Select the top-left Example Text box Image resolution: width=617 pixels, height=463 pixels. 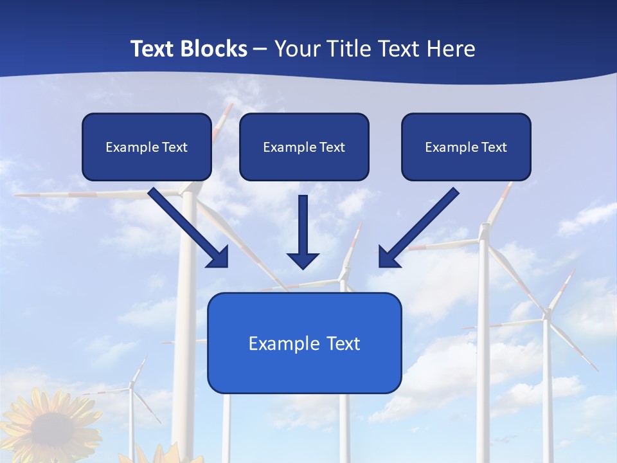tap(147, 147)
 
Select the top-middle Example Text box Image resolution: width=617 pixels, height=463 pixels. tap(304, 147)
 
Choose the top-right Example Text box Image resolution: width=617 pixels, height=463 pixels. tap(466, 147)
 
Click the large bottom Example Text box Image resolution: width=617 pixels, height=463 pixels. tap(304, 343)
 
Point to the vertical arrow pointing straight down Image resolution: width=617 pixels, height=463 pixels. tap(303, 228)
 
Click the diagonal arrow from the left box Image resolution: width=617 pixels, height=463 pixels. tap(186, 226)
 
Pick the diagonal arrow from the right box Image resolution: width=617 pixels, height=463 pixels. tap(421, 226)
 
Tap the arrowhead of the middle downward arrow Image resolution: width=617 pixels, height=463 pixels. tap(303, 260)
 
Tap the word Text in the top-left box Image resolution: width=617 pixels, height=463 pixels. tap(175, 147)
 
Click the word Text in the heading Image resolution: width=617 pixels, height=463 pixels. tap(154, 49)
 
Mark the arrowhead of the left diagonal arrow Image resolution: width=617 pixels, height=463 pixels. tap(219, 257)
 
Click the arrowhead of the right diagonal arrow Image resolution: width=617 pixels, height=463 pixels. tap(389, 257)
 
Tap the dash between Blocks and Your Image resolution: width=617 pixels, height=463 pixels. tap(260, 49)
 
